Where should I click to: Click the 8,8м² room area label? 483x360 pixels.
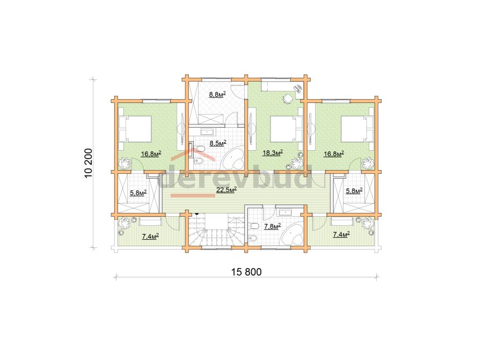217,94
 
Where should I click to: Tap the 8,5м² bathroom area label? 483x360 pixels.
218,143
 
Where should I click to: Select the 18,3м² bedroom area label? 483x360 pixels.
273,152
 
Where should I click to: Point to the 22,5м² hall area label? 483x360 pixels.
226,190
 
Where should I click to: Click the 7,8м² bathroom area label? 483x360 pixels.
272,227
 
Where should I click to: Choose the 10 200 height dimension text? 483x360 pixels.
88,163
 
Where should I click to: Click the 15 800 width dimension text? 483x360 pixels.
246,272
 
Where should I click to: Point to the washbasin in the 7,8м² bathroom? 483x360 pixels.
285,212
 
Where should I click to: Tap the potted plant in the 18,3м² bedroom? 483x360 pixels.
296,162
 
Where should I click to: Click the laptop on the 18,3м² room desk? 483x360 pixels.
298,89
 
